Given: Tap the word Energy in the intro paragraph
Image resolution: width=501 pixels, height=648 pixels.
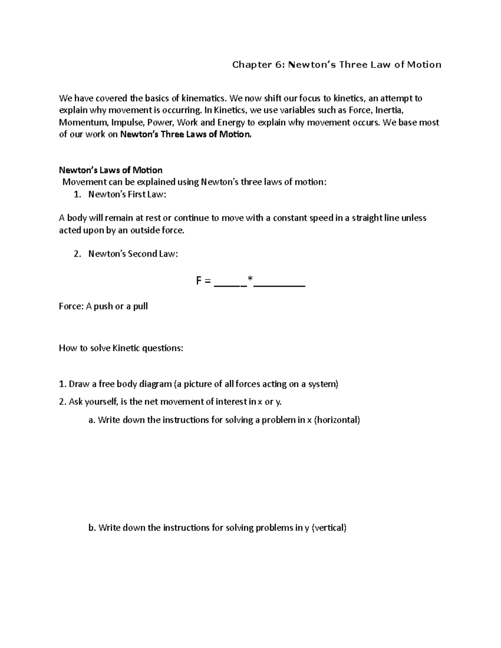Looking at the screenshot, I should pyautogui.click(x=231, y=123).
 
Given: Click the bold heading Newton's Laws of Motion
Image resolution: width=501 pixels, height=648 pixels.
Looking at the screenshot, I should pyautogui.click(x=111, y=170).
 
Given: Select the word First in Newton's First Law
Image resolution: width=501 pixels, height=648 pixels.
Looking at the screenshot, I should pyautogui.click(x=134, y=194).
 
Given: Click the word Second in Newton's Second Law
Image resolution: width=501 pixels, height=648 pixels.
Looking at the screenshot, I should pyautogui.click(x=142, y=254).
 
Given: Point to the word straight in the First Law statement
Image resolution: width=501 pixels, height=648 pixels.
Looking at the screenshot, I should pyautogui.click(x=366, y=218).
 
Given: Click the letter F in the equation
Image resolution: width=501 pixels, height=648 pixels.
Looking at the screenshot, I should pyautogui.click(x=199, y=281).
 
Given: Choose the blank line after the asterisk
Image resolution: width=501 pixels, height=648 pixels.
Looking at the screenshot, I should pyautogui.click(x=279, y=285).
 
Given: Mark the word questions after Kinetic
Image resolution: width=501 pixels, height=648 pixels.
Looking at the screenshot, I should pyautogui.click(x=163, y=348).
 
